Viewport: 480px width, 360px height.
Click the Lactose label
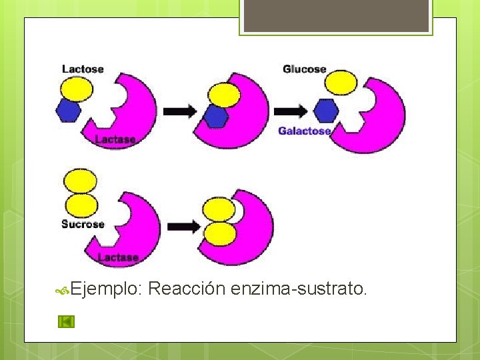(83, 69)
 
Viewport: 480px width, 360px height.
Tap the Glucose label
(304, 69)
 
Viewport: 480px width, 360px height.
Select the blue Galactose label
(304, 131)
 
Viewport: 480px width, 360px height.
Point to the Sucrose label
(83, 224)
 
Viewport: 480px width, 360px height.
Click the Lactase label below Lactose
(115, 139)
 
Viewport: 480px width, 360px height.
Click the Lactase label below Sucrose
(118, 257)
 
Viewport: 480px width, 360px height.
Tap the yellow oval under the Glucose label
(341, 83)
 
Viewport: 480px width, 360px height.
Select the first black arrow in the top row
(179, 111)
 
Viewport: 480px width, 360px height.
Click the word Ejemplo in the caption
(106, 289)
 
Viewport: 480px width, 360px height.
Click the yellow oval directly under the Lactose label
(77, 88)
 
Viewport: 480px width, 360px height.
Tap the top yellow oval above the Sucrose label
(79, 180)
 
